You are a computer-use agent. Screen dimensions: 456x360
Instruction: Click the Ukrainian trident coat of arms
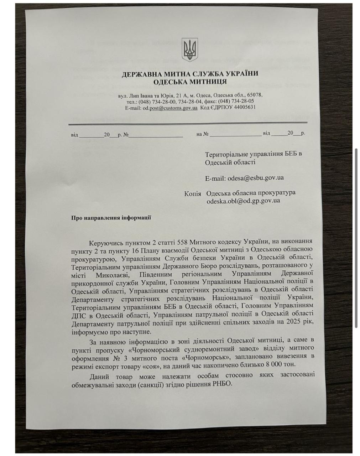coord(189,50)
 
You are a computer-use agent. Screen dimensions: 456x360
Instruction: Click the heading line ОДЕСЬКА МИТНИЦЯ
coord(190,82)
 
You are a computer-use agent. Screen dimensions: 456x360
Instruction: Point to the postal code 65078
coord(255,95)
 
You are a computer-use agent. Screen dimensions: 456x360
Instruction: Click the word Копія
coord(193,193)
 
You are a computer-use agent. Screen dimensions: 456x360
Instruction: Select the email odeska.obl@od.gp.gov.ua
coord(243,201)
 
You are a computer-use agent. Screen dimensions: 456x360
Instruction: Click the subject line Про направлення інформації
coord(111,217)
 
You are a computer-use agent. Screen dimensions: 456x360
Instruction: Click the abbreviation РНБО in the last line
coord(224,384)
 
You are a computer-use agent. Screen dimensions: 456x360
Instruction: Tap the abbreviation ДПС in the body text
coord(78,314)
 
